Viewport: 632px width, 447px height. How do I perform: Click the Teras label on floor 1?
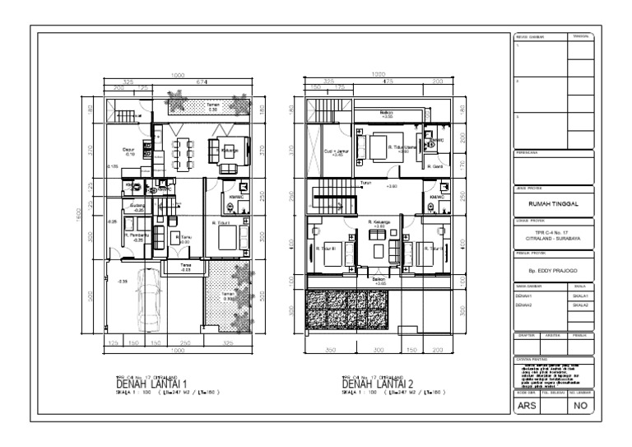tap(187, 266)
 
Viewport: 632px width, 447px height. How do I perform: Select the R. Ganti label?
tap(435, 165)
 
